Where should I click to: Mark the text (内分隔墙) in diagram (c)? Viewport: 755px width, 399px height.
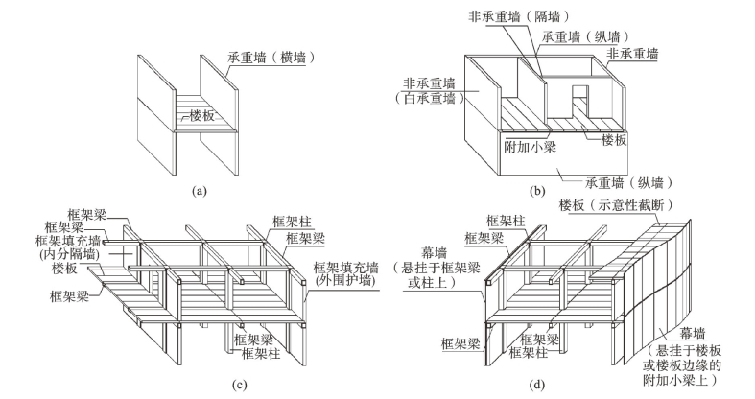coord(69,256)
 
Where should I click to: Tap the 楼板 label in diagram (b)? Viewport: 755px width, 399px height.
coord(613,139)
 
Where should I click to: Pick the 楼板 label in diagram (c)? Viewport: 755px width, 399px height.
coord(50,271)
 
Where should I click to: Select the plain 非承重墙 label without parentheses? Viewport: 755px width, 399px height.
coord(634,55)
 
